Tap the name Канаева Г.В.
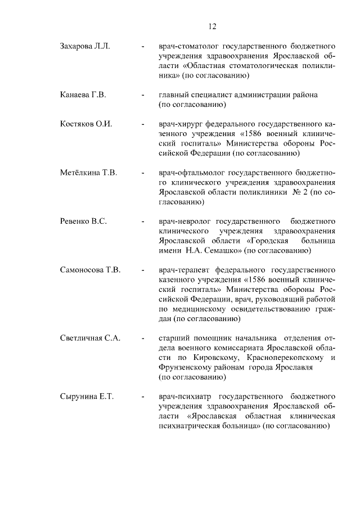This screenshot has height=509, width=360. click(x=83, y=94)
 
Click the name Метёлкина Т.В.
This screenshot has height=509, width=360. click(x=88, y=173)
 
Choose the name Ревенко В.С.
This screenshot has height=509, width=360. click(x=83, y=221)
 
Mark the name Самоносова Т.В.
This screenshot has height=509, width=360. click(x=91, y=270)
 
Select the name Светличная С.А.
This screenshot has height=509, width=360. click(x=91, y=338)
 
